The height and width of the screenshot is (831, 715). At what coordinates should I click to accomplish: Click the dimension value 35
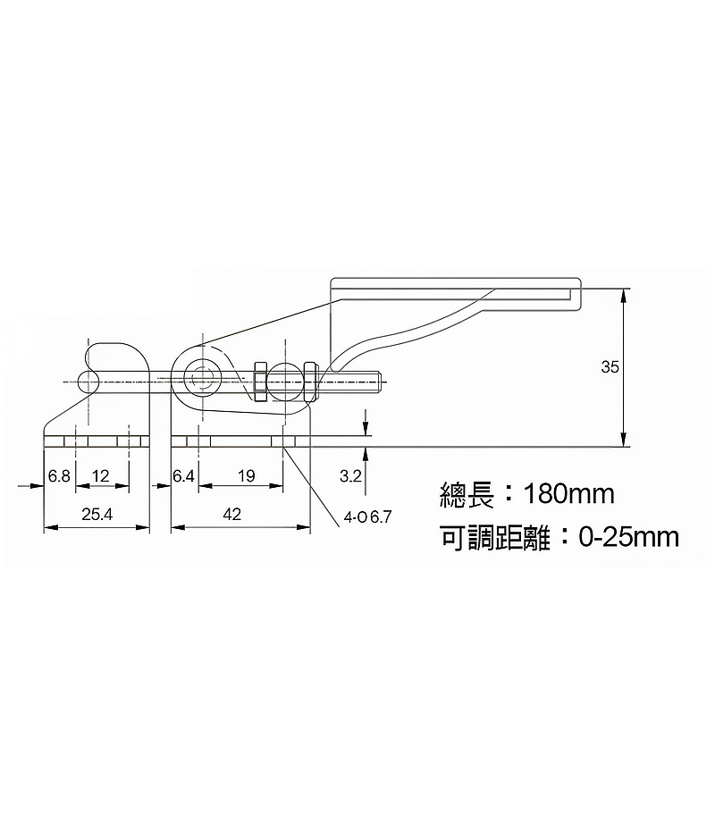(x=610, y=366)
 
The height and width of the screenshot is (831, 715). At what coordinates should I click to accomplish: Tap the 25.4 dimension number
(x=97, y=514)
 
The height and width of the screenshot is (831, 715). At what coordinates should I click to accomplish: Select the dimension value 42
(x=232, y=514)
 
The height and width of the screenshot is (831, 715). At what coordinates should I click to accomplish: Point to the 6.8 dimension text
(x=59, y=476)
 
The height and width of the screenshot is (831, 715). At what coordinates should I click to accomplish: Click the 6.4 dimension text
(x=183, y=476)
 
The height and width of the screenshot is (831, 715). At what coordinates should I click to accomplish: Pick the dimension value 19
(x=247, y=476)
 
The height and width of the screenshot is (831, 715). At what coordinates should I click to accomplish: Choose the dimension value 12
(x=100, y=476)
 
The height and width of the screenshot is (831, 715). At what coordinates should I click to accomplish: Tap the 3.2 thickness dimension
(x=350, y=476)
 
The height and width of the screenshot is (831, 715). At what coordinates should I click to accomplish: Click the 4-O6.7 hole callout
(x=367, y=517)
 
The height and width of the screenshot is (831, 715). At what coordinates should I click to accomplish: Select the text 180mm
(x=568, y=494)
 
